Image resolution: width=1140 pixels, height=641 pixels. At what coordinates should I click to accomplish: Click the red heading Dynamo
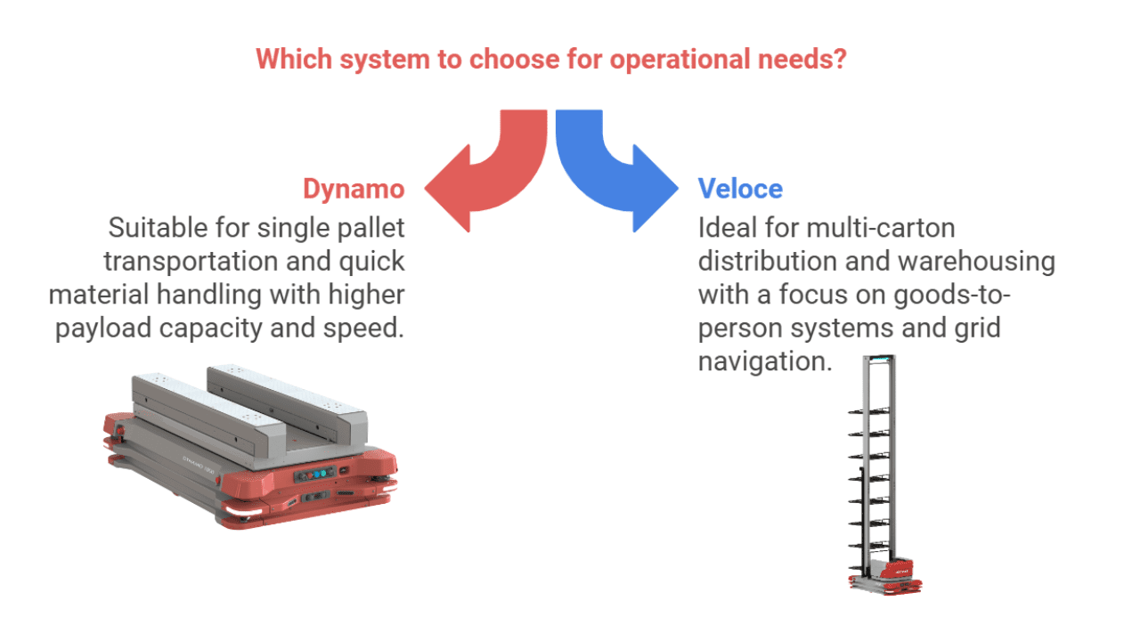354,189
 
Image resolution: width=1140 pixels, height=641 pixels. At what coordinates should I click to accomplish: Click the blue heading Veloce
740,189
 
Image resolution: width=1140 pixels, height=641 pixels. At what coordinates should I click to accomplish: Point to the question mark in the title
838,60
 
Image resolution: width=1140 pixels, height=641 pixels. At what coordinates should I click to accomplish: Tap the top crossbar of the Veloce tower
882,359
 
